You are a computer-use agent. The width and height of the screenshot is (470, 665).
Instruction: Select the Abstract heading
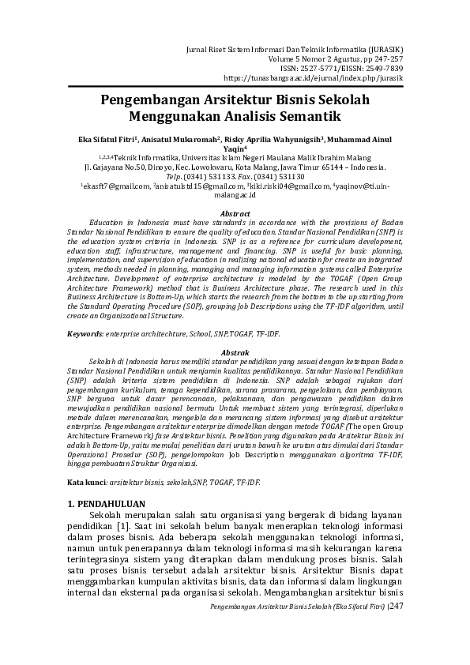tap(235, 213)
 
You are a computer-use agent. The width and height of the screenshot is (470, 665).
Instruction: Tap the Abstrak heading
tap(235, 351)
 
